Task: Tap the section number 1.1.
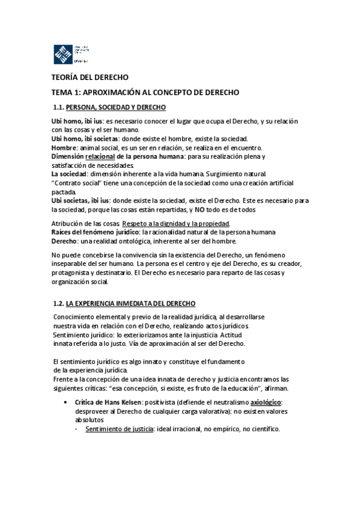coord(59,108)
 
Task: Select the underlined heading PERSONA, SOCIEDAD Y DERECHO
coord(115,108)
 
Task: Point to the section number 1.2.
coord(58,303)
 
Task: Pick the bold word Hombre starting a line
coord(64,147)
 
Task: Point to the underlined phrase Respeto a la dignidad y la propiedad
coord(176,224)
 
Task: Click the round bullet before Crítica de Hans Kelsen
coord(65,402)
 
